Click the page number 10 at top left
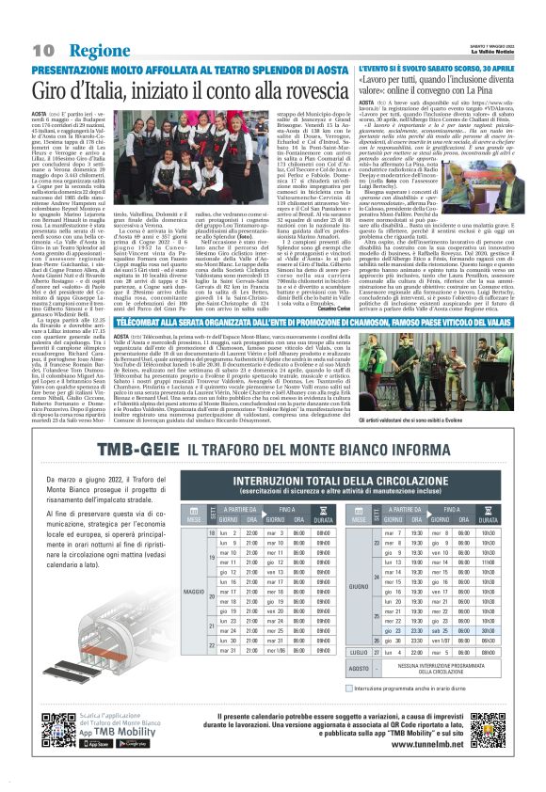(x=41, y=49)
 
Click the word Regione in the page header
(x=98, y=49)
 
